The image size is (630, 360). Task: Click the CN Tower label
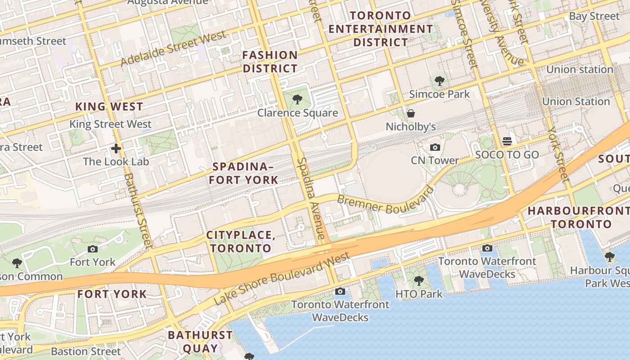tap(435, 160)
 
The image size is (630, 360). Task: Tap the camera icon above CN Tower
tap(435, 148)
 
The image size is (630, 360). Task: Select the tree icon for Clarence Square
tap(297, 99)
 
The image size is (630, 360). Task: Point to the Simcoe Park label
tap(439, 94)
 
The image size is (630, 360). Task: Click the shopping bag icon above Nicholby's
tap(410, 113)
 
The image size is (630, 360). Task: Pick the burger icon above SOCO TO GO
tap(507, 142)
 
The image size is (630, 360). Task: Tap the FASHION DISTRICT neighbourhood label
tap(270, 62)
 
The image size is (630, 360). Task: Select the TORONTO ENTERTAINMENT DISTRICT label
tap(380, 29)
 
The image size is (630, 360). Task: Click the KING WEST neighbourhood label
tap(109, 107)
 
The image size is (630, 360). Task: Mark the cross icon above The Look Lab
tap(116, 148)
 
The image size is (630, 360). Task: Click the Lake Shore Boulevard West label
tap(282, 279)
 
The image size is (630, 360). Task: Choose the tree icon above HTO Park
tap(419, 281)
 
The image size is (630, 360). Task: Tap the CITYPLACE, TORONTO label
tap(241, 242)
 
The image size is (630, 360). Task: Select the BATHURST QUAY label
tap(200, 342)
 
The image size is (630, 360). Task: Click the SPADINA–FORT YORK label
tap(245, 173)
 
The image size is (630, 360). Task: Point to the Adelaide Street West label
tap(173, 48)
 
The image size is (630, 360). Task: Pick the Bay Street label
tap(594, 16)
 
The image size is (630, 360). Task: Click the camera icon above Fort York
tap(93, 249)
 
